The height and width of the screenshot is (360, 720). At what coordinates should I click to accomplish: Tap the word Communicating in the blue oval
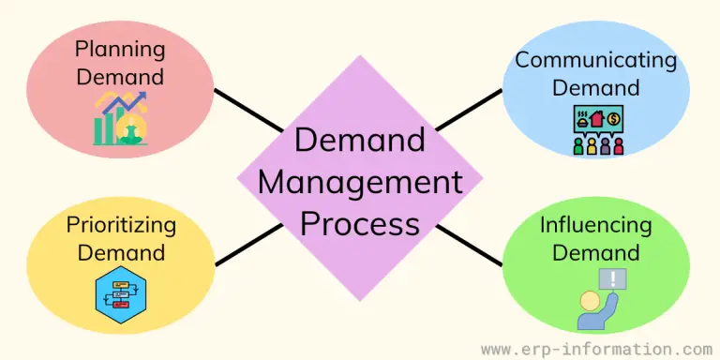(x=594, y=61)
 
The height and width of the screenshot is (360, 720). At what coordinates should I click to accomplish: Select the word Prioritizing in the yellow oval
(x=121, y=225)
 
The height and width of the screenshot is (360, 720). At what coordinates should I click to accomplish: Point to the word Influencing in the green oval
(x=594, y=226)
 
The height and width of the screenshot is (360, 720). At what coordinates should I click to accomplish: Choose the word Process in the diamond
(x=360, y=224)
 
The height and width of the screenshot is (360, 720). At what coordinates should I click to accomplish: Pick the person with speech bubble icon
(x=599, y=299)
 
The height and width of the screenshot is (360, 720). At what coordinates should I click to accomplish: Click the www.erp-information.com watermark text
(x=596, y=349)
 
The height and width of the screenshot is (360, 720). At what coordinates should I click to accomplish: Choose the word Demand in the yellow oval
(x=121, y=253)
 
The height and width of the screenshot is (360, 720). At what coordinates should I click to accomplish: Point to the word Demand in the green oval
(x=594, y=253)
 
